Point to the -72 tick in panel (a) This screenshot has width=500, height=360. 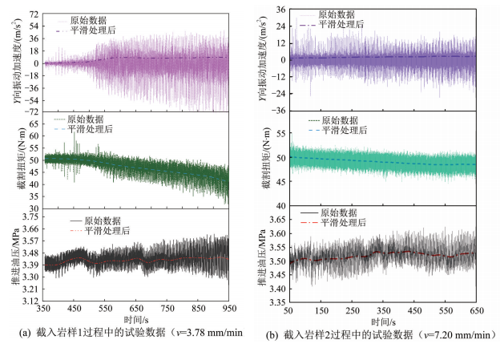click(x=31, y=111)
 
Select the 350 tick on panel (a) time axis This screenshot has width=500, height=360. click(x=45, y=309)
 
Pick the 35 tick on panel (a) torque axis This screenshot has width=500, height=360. click(x=34, y=194)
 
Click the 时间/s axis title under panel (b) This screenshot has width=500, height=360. click(x=383, y=321)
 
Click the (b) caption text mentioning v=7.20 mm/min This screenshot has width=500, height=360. click(x=385, y=335)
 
